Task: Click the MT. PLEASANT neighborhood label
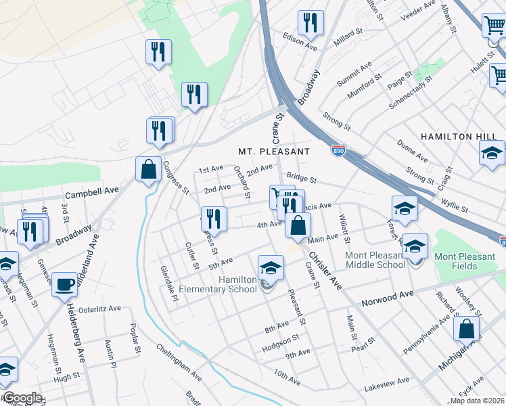point(273,151)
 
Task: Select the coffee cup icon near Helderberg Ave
point(66,285)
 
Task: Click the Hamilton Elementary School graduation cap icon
point(270,269)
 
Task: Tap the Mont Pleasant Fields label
point(465,261)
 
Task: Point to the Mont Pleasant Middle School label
point(375,260)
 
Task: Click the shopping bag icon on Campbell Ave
point(148,170)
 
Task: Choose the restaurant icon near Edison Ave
point(310,24)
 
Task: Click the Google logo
point(22,398)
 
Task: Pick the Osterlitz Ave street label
point(99,308)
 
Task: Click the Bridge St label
point(302,178)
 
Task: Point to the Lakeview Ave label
point(386,383)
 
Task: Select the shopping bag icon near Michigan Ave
point(467,330)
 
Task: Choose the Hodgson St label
point(280,342)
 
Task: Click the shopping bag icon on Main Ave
point(298,225)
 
